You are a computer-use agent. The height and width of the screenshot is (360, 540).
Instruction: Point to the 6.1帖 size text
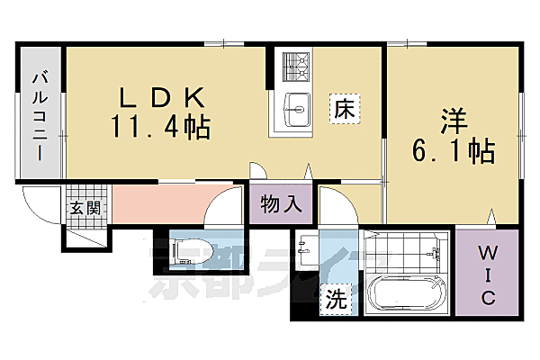(454, 151)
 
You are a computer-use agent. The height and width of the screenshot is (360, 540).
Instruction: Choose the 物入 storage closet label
(280, 202)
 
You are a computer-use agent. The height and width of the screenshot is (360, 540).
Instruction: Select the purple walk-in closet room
(486, 270)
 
